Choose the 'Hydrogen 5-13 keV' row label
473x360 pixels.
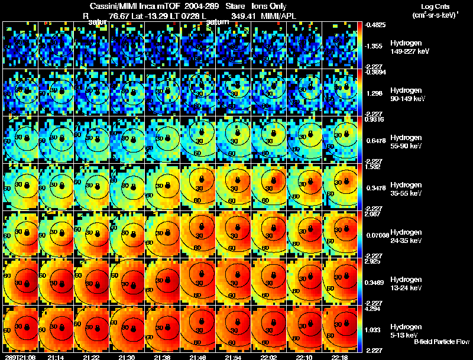(405, 330)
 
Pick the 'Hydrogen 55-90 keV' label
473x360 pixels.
(406, 141)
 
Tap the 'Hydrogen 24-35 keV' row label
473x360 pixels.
(406, 236)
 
